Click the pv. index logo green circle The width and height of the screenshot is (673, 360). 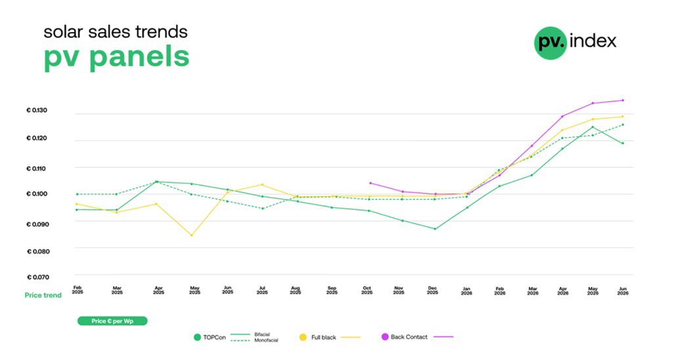551,43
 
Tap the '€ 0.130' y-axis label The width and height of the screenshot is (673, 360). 37,110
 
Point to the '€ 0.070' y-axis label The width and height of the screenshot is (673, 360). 38,277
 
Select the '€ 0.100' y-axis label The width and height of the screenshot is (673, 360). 37,194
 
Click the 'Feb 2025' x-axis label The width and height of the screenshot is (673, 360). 77,290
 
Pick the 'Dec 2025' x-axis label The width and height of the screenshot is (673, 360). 432,290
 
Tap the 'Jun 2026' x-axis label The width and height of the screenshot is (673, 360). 622,291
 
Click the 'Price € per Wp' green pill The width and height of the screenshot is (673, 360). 112,321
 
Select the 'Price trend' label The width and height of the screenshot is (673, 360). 43,295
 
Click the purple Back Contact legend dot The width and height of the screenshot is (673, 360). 385,337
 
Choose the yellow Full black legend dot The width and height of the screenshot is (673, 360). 303,337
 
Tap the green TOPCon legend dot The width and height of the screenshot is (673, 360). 198,337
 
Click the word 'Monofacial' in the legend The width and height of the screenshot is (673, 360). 266,340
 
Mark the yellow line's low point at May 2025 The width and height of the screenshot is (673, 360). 192,235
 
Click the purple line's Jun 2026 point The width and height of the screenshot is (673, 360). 623,101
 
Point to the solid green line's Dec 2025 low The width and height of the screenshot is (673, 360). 435,229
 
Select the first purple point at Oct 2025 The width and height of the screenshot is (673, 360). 370,183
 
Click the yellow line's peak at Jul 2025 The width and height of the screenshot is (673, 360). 262,185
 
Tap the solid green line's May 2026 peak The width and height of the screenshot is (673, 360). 593,127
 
